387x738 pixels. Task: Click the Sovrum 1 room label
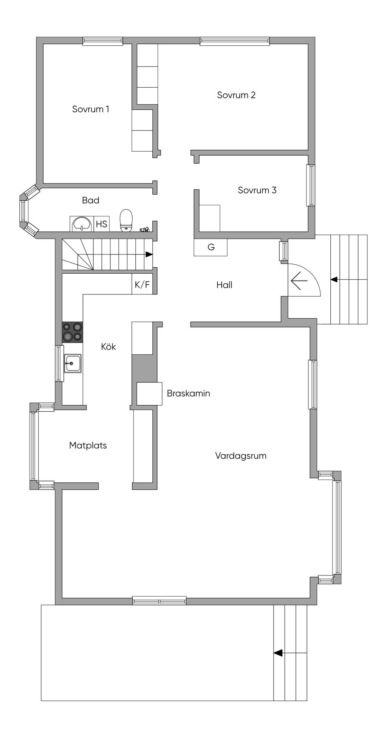click(x=91, y=109)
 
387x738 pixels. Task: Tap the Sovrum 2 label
click(x=236, y=95)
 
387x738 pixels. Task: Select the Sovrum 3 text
click(x=257, y=190)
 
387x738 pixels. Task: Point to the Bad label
click(x=91, y=200)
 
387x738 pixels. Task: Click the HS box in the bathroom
click(x=102, y=224)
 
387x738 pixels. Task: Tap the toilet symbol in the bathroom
click(x=126, y=220)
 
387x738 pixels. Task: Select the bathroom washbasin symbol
click(x=82, y=224)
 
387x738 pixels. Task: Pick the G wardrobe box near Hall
click(x=211, y=247)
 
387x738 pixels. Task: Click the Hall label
click(x=224, y=285)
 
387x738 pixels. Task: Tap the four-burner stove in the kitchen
click(x=73, y=332)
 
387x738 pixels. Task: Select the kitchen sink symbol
click(x=72, y=363)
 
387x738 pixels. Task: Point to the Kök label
click(x=108, y=347)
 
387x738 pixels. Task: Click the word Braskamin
click(x=189, y=394)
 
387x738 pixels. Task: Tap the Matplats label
click(x=88, y=445)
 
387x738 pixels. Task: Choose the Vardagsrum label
click(x=241, y=456)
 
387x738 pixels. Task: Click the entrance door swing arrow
click(x=299, y=281)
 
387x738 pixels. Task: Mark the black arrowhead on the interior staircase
click(x=149, y=254)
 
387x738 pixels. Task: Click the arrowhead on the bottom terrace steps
click(x=278, y=653)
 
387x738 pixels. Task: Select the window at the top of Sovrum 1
click(x=103, y=41)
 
